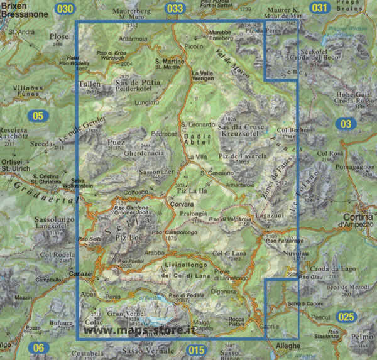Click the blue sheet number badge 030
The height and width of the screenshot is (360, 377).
[x=65, y=8]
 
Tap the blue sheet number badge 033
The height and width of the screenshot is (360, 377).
[x=176, y=8]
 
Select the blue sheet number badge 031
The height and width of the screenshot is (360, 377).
[x=320, y=8]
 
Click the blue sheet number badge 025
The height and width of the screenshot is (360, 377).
[x=345, y=317]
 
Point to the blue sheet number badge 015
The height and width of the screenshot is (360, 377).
[x=196, y=349]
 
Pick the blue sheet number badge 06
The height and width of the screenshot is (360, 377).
[x=39, y=347]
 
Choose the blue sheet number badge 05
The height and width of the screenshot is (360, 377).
[x=39, y=115]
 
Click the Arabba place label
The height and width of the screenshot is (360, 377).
[x=154, y=253]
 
